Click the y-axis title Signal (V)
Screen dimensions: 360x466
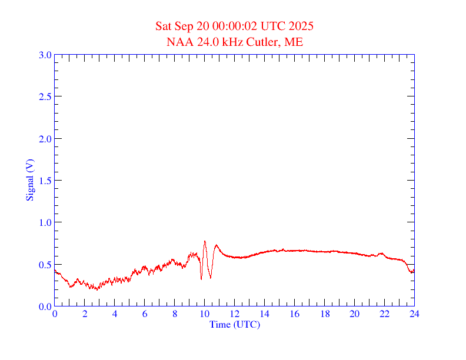pos(29,180)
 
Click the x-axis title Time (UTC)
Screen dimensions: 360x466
pos(234,324)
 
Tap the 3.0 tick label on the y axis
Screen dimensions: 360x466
pos(45,55)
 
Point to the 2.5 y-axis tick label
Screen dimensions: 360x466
pos(45,96)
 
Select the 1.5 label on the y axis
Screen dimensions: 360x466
pos(45,181)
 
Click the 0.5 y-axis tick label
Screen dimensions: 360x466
pos(45,265)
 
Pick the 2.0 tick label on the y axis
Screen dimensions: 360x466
pos(45,139)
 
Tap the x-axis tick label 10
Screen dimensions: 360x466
pos(204,314)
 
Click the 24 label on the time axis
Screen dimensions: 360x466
pos(414,314)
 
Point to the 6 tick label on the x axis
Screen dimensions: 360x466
pos(145,314)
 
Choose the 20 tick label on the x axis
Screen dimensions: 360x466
pos(354,314)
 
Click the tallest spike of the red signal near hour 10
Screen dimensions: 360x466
pos(205,241)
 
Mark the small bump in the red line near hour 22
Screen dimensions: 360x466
pos(381,254)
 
